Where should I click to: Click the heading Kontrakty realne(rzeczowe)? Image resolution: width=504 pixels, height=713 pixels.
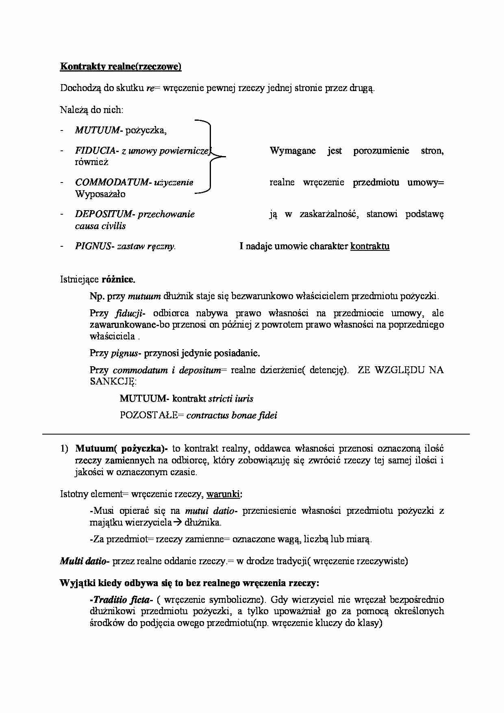[x=121, y=67]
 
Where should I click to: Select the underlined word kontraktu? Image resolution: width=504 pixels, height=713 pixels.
[x=369, y=246]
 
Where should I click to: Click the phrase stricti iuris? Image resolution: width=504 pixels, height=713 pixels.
[x=230, y=399]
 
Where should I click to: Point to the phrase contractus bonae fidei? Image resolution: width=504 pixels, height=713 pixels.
[x=232, y=415]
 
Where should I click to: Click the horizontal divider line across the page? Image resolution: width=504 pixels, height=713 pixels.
[x=256, y=434]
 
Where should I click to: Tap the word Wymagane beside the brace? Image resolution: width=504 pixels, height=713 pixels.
[x=293, y=151]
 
